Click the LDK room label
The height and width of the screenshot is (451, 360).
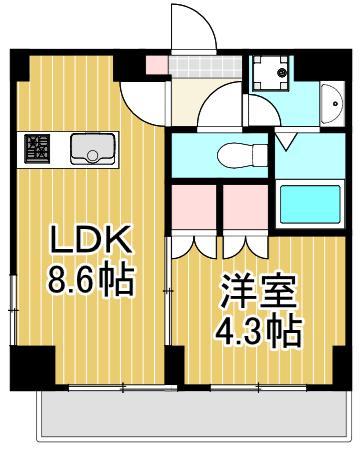90,242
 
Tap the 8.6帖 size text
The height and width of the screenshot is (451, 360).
91,281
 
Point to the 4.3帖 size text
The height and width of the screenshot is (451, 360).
259,330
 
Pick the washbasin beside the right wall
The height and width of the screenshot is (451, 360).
330,104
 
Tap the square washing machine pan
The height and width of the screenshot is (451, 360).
270,73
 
